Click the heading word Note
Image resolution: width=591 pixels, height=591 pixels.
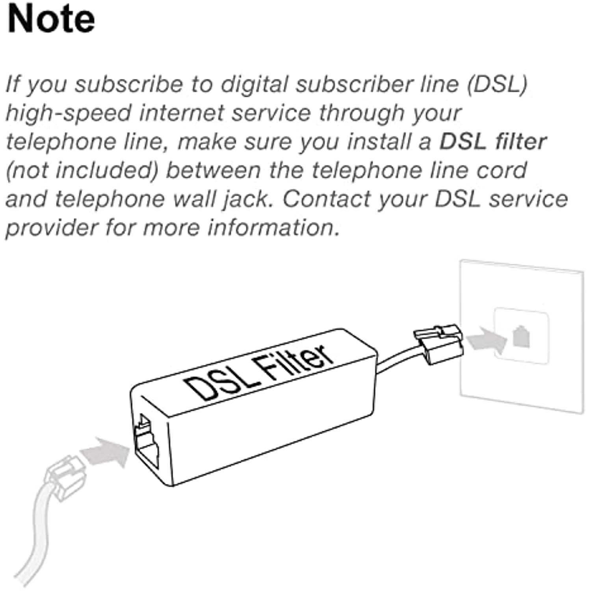[51, 19]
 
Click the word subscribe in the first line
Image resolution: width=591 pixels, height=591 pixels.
[129, 84]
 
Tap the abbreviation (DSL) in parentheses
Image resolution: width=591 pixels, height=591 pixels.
[497, 84]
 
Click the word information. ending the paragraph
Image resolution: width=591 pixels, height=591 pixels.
[273, 228]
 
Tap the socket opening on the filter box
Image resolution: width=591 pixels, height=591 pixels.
[146, 441]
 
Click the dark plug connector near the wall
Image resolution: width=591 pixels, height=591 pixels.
[438, 344]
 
